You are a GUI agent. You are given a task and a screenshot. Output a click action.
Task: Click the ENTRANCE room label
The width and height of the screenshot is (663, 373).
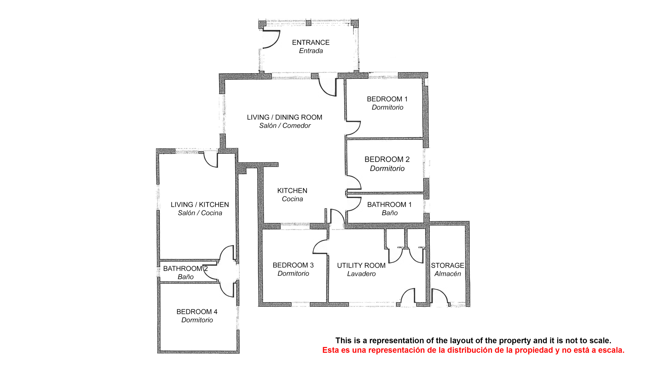(311, 42)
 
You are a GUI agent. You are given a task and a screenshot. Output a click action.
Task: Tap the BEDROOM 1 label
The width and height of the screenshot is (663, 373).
(387, 99)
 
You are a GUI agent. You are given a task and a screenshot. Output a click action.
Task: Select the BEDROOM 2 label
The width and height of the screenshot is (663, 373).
(387, 159)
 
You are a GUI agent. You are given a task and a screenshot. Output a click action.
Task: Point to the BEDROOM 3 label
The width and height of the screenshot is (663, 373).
(293, 265)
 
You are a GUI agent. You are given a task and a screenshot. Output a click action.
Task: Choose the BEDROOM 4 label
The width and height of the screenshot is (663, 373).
(197, 312)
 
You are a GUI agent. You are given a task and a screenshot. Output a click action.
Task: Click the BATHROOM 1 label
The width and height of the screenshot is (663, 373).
(389, 205)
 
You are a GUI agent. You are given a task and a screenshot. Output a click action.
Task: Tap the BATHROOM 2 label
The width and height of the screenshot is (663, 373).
(185, 269)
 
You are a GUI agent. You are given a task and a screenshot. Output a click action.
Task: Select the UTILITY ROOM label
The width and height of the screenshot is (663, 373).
(361, 266)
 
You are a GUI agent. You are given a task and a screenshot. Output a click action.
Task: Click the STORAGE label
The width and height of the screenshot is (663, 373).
(448, 266)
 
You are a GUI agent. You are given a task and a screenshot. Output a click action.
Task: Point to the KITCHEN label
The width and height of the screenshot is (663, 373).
(292, 191)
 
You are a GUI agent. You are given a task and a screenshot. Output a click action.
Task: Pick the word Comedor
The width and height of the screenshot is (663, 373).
(297, 126)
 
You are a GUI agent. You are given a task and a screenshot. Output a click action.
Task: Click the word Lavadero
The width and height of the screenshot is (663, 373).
(361, 274)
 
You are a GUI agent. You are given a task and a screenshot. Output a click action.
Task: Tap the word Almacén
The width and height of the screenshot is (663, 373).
(448, 274)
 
